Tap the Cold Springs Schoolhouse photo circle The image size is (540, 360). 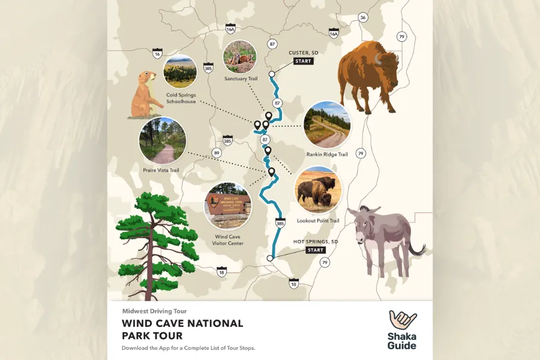coord(180,71)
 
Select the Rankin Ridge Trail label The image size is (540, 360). coord(326,154)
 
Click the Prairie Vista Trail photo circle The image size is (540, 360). coord(162,141)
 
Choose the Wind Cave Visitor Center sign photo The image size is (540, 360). coord(227,206)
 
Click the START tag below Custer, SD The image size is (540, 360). coord(303,61)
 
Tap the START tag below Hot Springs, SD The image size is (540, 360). coord(315,250)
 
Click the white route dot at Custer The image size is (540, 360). coord(272,74)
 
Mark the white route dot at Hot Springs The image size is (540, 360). coord(270,258)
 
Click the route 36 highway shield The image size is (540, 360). coord(362,17)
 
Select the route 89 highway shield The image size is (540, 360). coord(217,154)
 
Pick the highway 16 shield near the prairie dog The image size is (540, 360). coord(157,54)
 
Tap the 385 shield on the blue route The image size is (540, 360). coord(280,224)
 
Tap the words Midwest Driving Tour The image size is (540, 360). coord(154,311)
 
